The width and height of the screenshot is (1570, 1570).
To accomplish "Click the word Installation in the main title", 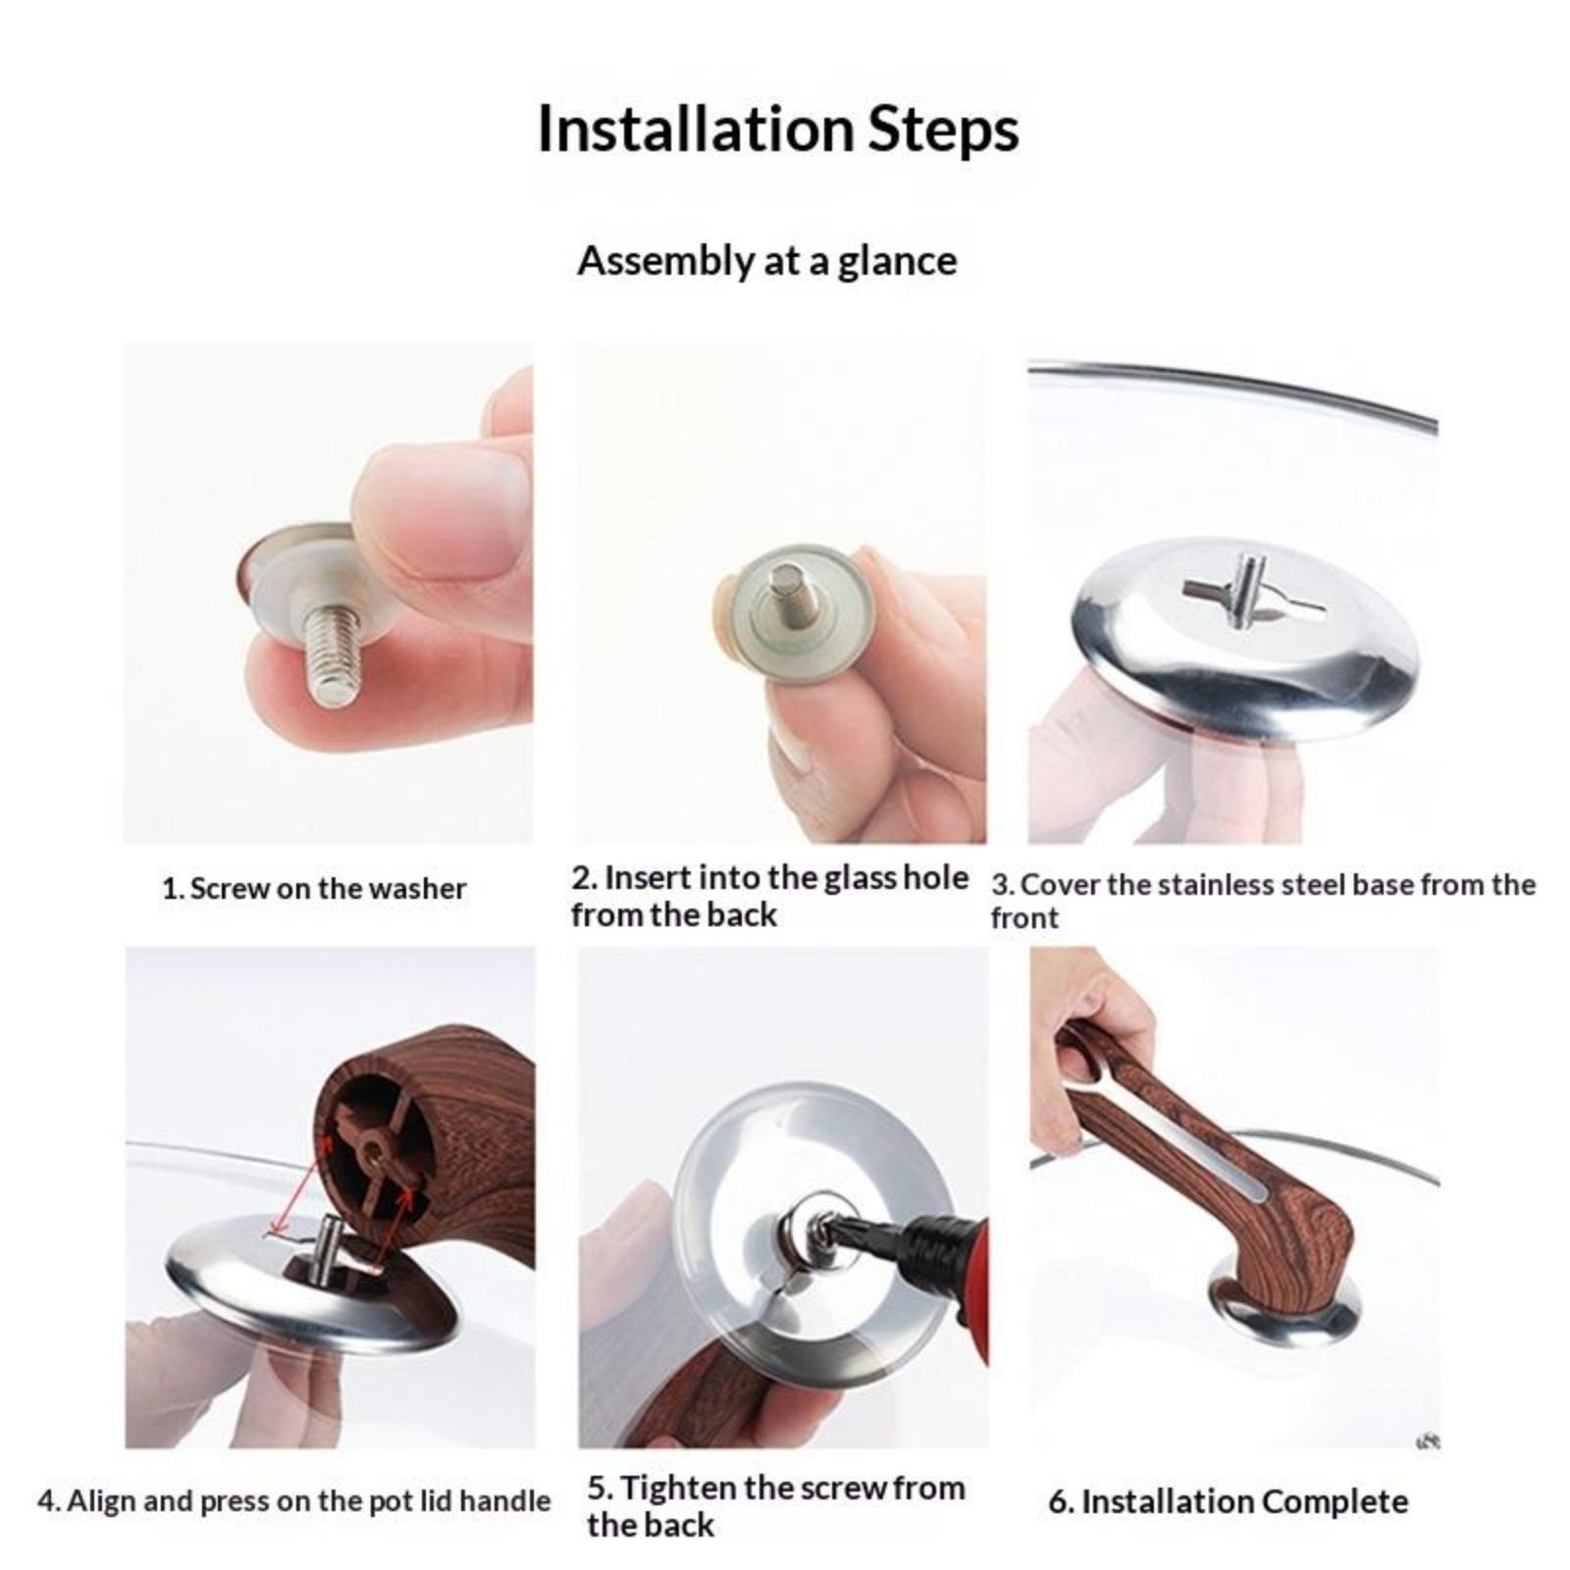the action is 696,129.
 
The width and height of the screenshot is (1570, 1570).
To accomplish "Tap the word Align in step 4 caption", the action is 101,1502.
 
